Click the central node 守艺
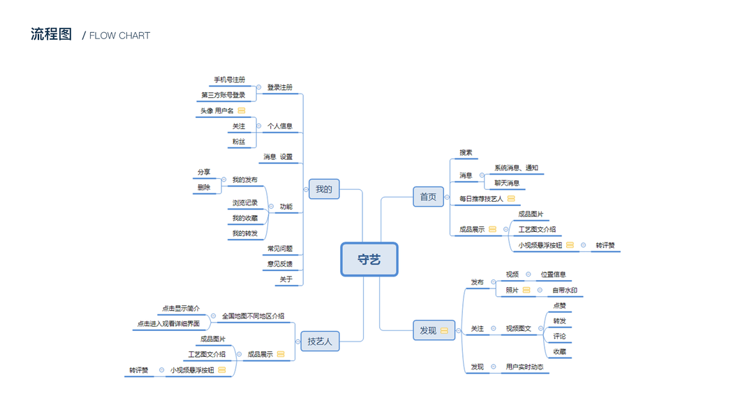[x=369, y=259]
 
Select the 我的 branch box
[x=324, y=189]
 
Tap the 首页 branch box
[x=428, y=197]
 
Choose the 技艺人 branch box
[x=320, y=341]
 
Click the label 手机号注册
[x=230, y=80]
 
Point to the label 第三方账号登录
[x=223, y=95]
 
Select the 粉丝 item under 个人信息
[x=239, y=142]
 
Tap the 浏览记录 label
[x=245, y=203]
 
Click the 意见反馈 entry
[x=280, y=264]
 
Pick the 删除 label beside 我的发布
[x=204, y=187]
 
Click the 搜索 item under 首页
[x=466, y=153]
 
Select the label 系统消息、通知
[x=516, y=168]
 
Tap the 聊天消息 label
[x=507, y=183]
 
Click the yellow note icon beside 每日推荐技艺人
[x=511, y=199]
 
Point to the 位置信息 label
[x=554, y=274]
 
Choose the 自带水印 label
[x=565, y=291]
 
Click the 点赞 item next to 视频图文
[x=560, y=305]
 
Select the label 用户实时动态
[x=525, y=367]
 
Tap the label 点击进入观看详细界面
[x=168, y=323]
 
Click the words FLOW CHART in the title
[x=119, y=36]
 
